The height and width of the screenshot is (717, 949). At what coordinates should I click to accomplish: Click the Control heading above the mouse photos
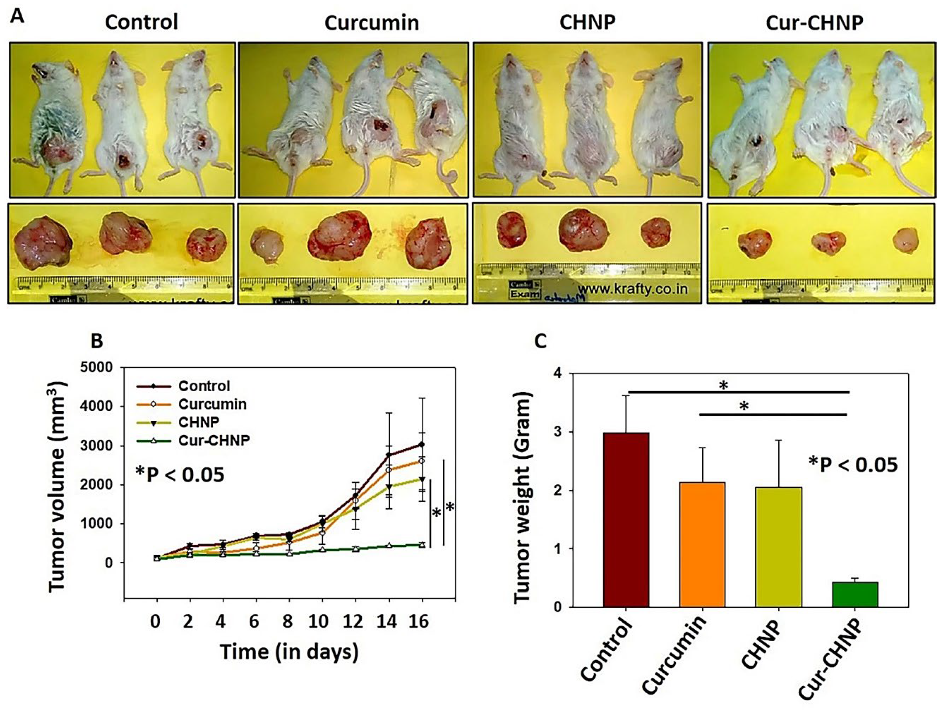141,22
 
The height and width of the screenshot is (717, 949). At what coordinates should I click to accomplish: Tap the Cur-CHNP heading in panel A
814,23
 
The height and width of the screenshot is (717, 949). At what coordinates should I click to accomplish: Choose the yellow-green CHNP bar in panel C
779,547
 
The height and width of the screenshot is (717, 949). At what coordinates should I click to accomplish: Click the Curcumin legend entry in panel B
212,404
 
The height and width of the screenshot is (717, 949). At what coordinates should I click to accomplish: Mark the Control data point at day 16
422,444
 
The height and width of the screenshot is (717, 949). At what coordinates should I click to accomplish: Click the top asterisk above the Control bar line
723,386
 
